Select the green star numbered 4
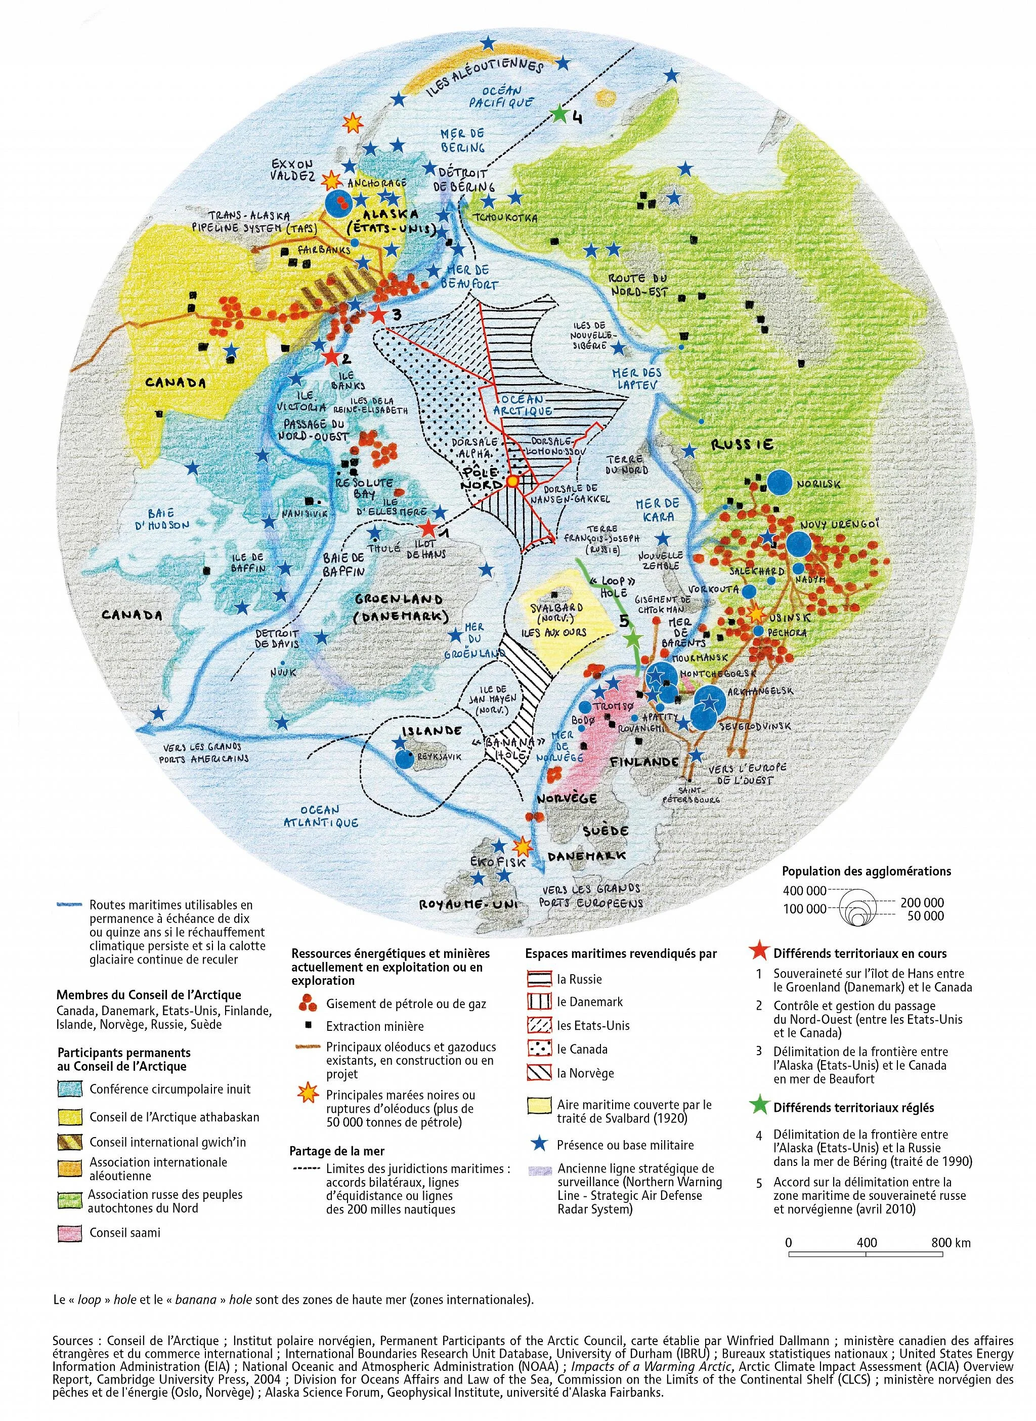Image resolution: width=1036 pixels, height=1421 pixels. click(558, 113)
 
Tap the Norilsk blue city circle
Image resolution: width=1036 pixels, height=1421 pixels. click(780, 481)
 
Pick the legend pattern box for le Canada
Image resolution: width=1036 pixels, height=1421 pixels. click(538, 1049)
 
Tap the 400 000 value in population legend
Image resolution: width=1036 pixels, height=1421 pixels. click(805, 890)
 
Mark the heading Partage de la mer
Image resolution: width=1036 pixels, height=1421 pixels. click(337, 1151)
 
